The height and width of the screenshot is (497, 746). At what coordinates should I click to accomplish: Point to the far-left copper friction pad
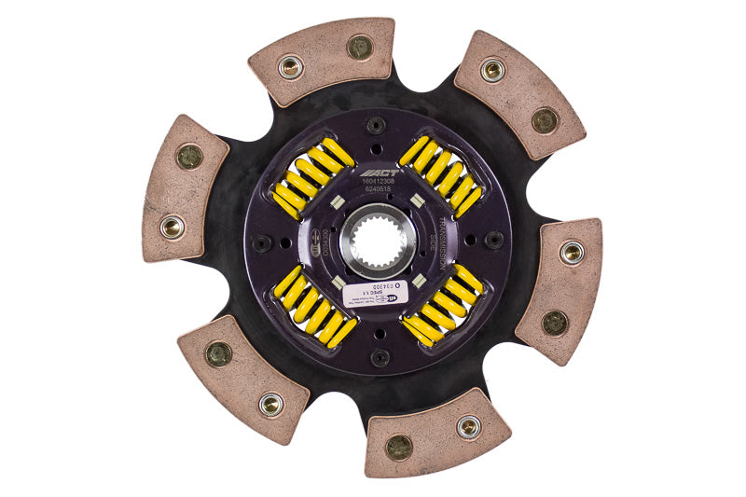(x=185, y=187)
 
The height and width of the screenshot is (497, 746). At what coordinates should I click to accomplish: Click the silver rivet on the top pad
(x=291, y=66)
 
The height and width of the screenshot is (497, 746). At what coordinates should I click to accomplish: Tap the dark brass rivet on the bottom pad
(x=400, y=446)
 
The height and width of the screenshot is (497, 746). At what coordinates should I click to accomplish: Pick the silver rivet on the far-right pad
(x=572, y=252)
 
